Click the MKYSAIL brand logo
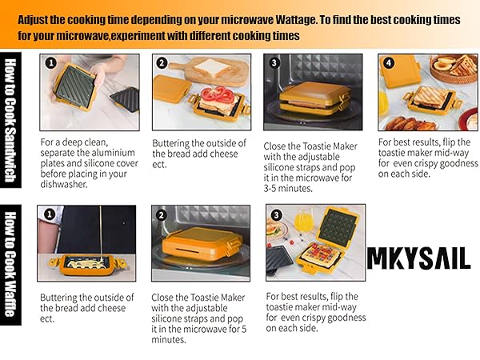418,258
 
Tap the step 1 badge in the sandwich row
51,63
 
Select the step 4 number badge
388,63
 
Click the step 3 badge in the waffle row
276,214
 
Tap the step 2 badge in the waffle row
162,214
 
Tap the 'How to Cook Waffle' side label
13,264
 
